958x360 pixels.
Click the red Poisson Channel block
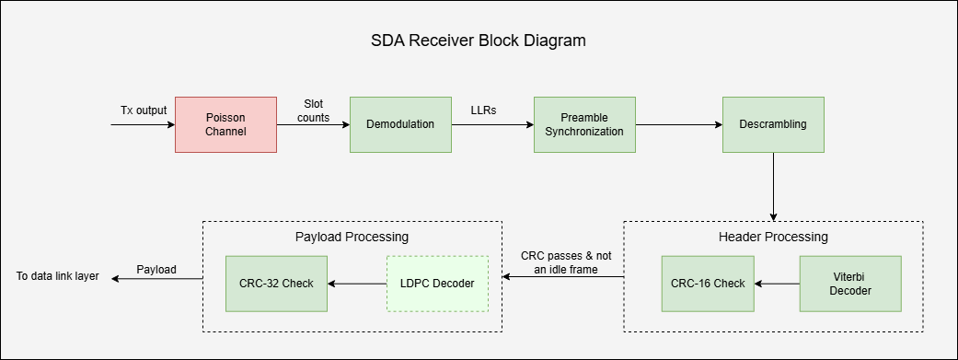point(225,124)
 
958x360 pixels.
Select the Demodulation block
point(399,124)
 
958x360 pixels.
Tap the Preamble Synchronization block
point(584,124)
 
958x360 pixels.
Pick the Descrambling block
point(773,124)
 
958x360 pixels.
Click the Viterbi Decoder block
point(849,283)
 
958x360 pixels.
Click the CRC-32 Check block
point(277,283)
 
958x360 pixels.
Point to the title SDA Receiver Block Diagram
point(479,41)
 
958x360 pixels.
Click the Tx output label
point(144,110)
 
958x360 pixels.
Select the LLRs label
point(484,110)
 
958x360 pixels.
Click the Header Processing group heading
point(773,237)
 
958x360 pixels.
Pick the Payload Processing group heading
point(352,237)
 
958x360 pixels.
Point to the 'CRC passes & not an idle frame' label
point(566,261)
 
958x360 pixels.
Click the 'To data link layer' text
point(57,276)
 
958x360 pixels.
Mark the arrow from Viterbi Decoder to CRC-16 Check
point(778,284)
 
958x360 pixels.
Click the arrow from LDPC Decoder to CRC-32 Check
point(357,284)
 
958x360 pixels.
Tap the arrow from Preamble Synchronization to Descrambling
point(679,124)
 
